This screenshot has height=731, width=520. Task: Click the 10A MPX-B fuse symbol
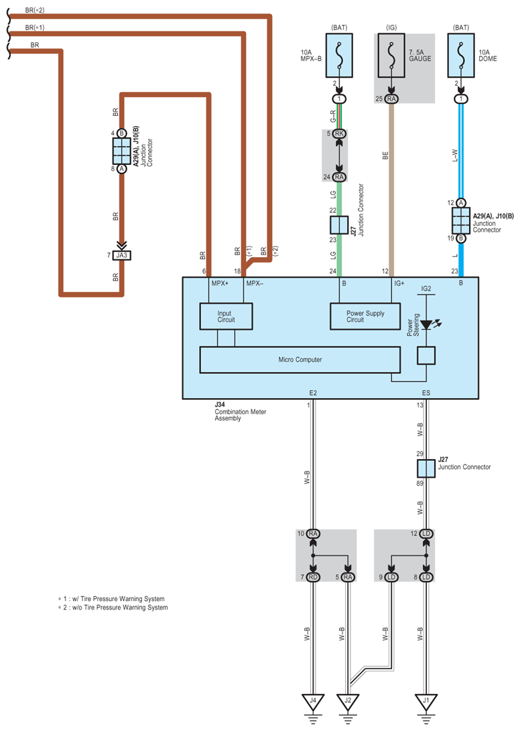point(339,55)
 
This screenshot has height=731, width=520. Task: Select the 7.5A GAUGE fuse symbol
point(391,55)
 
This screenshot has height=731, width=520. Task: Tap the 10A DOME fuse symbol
point(461,55)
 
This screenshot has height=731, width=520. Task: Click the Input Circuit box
point(226,316)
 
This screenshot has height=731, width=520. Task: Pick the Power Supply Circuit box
point(365,316)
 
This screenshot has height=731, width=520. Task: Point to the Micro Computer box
point(300,359)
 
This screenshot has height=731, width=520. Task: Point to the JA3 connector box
point(122,255)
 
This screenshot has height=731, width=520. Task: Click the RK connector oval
point(339,134)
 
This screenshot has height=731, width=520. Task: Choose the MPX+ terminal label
point(220,283)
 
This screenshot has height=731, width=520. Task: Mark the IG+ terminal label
point(399,283)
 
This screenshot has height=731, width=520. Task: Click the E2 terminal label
point(313,393)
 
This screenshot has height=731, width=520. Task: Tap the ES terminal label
point(426,393)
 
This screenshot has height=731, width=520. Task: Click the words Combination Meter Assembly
point(240,415)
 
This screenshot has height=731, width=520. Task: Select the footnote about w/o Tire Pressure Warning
point(113,608)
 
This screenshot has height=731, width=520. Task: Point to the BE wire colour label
point(385,155)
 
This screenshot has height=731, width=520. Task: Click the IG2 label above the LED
point(426,289)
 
